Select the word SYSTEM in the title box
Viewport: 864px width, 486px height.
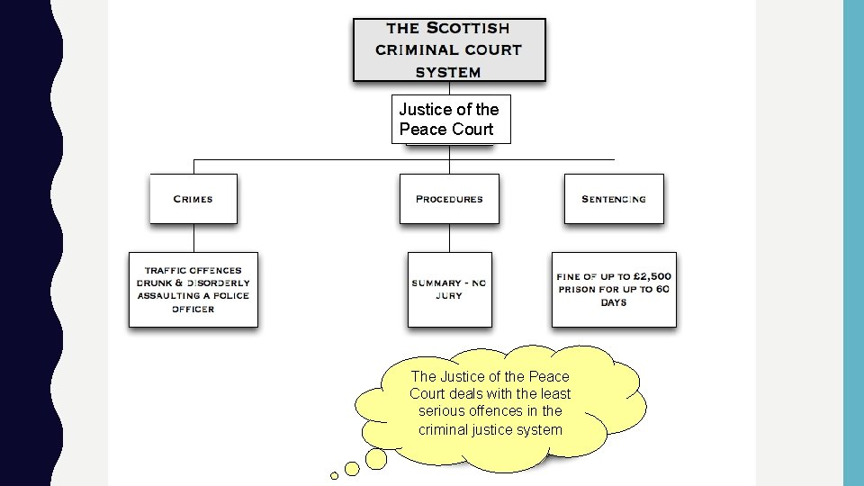[448, 71]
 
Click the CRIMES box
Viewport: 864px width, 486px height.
[193, 199]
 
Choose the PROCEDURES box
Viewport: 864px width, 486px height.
[449, 199]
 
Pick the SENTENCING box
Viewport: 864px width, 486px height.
[614, 199]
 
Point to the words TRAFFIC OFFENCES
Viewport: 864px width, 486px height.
[193, 270]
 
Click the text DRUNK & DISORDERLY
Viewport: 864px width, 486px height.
[193, 283]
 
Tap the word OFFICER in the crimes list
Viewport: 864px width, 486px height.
[193, 309]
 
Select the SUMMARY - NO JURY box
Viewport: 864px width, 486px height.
[449, 289]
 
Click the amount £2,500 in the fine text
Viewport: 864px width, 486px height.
[652, 276]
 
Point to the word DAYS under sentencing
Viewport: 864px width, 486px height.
[614, 302]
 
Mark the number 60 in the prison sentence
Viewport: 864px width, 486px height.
[661, 289]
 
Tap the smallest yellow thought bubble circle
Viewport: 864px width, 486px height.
[334, 475]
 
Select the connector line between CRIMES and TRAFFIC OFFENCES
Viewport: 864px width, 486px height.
[193, 238]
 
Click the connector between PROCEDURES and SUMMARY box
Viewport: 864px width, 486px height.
[449, 238]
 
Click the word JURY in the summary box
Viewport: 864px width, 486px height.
[449, 296]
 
